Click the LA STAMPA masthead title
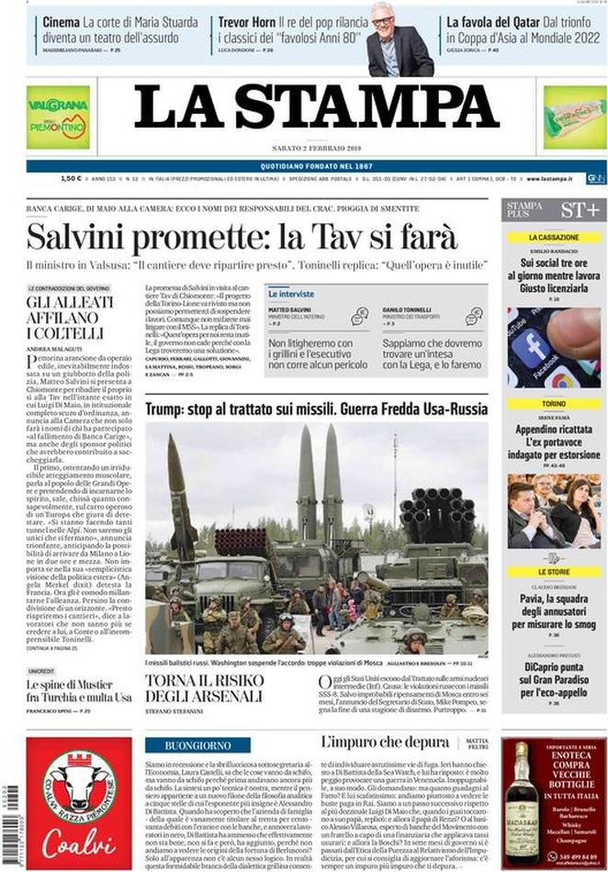point(316,108)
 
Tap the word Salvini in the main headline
point(80,238)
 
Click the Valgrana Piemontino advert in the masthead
point(58,117)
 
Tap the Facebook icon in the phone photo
point(534,349)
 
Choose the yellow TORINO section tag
point(553,404)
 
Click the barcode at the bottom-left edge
point(10,809)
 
